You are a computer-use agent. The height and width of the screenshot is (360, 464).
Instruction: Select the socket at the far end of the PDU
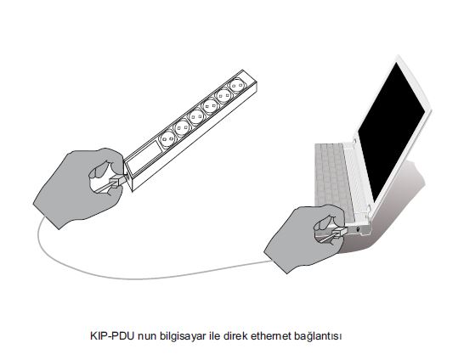point(236,86)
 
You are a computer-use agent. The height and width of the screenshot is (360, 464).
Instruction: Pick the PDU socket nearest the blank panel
point(168,138)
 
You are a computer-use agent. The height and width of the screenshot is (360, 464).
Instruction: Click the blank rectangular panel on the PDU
point(144,159)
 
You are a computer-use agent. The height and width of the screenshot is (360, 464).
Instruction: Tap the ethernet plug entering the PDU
point(117,181)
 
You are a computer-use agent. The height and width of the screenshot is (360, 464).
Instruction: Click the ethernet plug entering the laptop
point(340,233)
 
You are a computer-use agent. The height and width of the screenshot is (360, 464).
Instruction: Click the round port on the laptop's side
point(359,229)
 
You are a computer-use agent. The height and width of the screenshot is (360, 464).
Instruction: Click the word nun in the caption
point(147,337)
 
